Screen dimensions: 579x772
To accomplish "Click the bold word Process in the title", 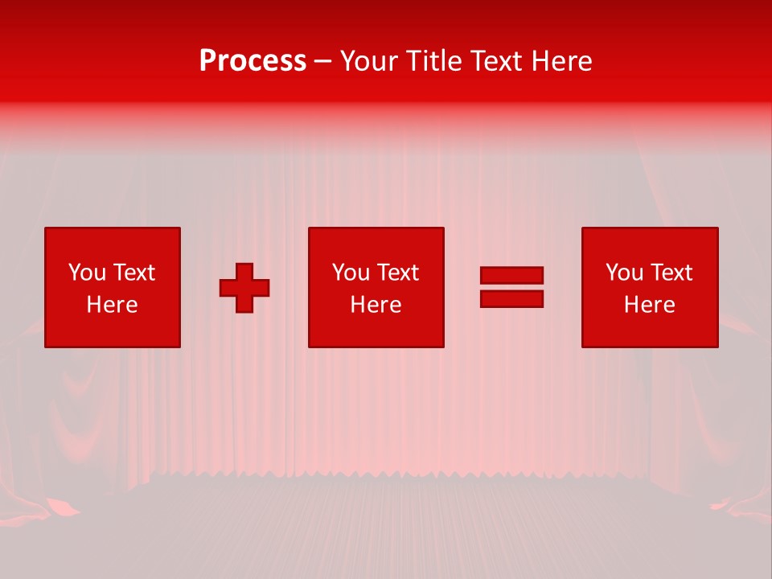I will [253, 61].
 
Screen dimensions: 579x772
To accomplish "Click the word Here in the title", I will [564, 61].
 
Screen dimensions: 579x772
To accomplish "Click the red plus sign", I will [244, 288].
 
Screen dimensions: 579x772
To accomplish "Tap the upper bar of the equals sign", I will [511, 275].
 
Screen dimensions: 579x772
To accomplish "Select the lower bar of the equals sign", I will [511, 298].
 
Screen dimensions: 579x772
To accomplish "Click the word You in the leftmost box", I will [87, 273].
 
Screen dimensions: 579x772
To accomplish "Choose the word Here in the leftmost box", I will [112, 305].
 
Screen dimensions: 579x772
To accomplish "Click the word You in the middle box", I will [351, 273].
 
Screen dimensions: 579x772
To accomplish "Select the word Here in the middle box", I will [376, 305].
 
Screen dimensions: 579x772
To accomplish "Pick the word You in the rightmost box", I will [624, 273].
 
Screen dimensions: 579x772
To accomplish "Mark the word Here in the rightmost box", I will [649, 305].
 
